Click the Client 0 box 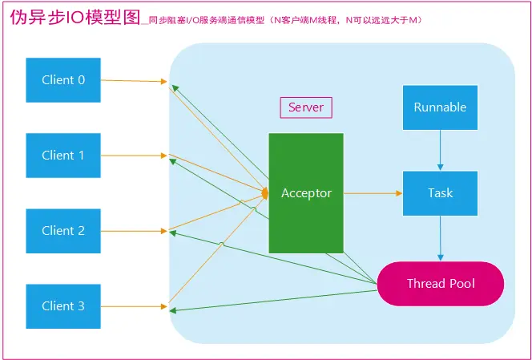click(63, 80)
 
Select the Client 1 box click(63, 155)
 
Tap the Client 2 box click(63, 230)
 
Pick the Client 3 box click(63, 305)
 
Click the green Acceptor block click(305, 192)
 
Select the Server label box click(305, 107)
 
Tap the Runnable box click(439, 107)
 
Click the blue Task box click(439, 192)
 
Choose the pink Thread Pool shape click(441, 284)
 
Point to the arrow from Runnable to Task click(439, 150)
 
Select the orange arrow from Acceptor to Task click(373, 192)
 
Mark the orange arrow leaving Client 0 click(134, 80)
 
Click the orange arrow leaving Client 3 click(134, 305)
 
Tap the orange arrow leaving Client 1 click(134, 155)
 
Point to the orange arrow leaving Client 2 click(134, 230)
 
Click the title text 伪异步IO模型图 click(73, 18)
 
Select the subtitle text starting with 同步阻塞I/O click(280, 20)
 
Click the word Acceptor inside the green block click(305, 193)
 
